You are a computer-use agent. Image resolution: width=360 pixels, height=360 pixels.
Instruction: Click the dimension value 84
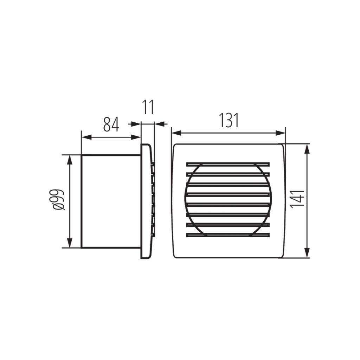pyautogui.click(x=111, y=125)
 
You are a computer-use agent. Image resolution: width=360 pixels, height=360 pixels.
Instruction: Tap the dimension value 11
pyautogui.click(x=148, y=107)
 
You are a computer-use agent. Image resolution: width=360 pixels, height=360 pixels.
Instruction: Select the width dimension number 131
pyautogui.click(x=229, y=120)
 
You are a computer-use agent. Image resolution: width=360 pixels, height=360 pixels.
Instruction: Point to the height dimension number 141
pyautogui.click(x=297, y=199)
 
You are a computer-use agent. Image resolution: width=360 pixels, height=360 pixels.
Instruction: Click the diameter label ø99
pyautogui.click(x=58, y=200)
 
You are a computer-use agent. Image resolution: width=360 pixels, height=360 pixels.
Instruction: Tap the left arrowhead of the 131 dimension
pyautogui.click(x=176, y=133)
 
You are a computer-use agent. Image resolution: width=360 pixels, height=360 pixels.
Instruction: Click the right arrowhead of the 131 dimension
pyautogui.click(x=280, y=133)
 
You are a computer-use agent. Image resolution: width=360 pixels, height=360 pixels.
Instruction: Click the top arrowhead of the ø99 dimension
pyautogui.click(x=70, y=160)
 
